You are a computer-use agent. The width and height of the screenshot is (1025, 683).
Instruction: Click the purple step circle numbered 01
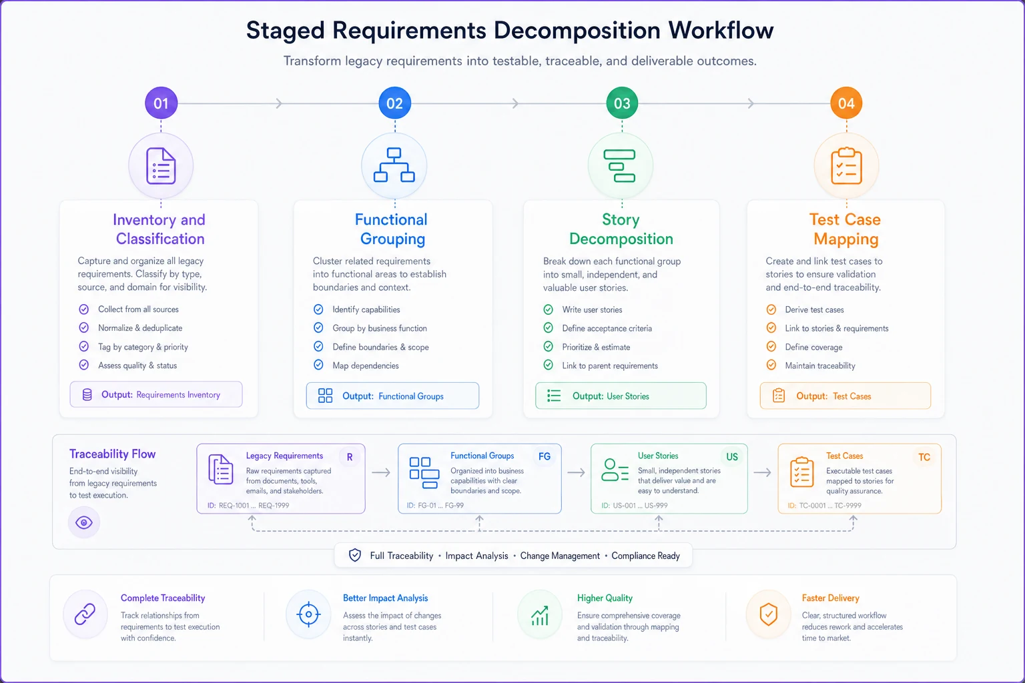point(161,103)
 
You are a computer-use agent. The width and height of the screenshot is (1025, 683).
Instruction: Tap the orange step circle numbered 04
point(846,103)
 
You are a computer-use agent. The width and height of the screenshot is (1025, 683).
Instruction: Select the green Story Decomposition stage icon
point(620,165)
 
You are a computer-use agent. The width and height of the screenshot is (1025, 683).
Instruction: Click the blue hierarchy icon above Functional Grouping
point(394,165)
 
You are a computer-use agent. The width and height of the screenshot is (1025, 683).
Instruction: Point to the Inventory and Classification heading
point(159,229)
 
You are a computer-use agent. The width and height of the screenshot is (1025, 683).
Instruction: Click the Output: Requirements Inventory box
point(156,394)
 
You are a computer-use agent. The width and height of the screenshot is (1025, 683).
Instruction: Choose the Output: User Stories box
point(621,396)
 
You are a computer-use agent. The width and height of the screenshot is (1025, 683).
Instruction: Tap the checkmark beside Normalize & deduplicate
point(83,327)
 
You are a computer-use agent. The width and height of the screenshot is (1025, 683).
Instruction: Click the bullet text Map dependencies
point(366,366)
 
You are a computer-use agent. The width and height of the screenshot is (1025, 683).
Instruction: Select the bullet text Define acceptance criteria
point(607,328)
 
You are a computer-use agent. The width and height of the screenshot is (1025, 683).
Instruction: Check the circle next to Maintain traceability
point(771,365)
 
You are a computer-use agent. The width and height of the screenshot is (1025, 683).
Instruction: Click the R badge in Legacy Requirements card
point(350,457)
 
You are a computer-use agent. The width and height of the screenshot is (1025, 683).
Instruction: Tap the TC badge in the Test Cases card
point(924,457)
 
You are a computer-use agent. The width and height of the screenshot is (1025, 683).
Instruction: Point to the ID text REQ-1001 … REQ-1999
point(248,506)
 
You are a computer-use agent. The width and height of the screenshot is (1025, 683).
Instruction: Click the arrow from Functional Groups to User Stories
point(576,473)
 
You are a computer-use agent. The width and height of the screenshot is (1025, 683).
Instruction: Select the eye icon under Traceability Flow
point(83,522)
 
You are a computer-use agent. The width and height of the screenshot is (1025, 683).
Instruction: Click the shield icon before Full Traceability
point(354,556)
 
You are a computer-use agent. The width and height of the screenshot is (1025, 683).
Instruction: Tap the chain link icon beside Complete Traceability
point(85,614)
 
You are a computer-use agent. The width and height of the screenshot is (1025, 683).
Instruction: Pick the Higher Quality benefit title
point(605,598)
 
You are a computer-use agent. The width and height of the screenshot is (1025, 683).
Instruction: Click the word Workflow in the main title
point(721,31)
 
